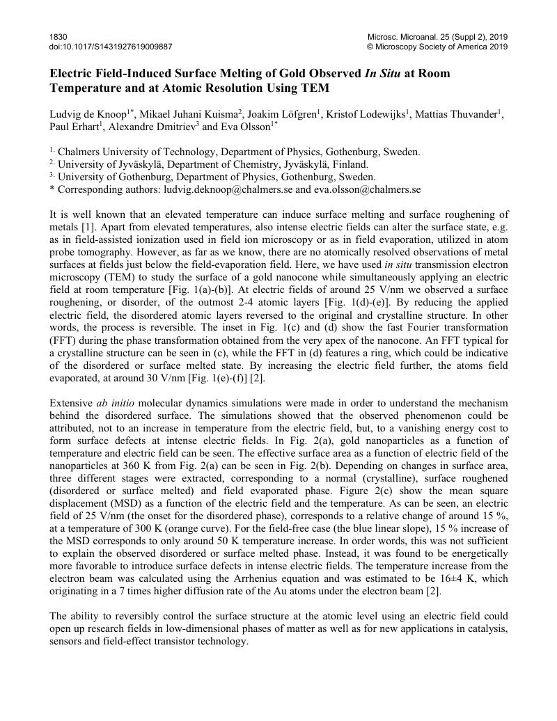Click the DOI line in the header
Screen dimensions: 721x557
(x=111, y=47)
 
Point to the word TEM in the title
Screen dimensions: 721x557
(x=313, y=88)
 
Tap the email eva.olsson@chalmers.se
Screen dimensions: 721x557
(x=366, y=189)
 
